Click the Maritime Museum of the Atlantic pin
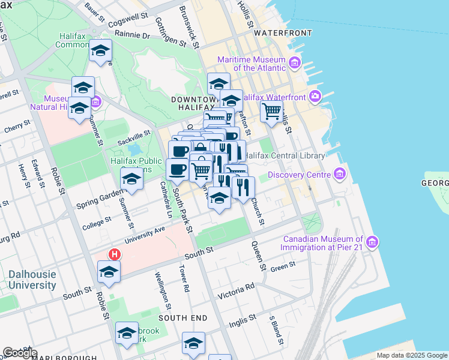coord(295,62)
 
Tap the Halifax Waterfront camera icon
coord(316,97)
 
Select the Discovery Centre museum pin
coord(340,175)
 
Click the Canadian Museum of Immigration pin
coord(373,242)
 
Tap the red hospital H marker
coord(114,254)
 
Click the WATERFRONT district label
coord(283,32)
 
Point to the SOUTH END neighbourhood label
coord(182,317)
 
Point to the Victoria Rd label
coord(236,292)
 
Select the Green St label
coord(283,266)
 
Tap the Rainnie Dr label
coord(131,36)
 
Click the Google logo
coord(20,353)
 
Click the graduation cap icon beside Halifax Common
coord(101,50)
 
